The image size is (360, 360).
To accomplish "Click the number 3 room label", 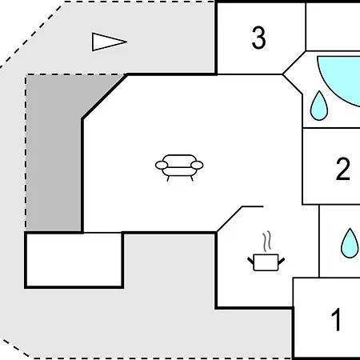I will (x=258, y=38).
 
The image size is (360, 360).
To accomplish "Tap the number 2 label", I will (x=343, y=169).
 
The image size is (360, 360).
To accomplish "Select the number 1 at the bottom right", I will (x=337, y=320).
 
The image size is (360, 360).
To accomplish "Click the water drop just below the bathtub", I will (x=320, y=106).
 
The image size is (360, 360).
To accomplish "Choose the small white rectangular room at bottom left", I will (x=74, y=259).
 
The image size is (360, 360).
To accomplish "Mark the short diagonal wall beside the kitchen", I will (x=230, y=218).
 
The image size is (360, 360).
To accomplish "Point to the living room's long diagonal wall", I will (x=104, y=97).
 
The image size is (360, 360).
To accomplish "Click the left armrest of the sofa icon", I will (x=162, y=166).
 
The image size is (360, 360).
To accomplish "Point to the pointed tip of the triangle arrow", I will (x=126, y=42).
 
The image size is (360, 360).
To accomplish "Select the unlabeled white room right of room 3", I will (x=333, y=26).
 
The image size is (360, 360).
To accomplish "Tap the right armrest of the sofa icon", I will (x=196, y=166).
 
